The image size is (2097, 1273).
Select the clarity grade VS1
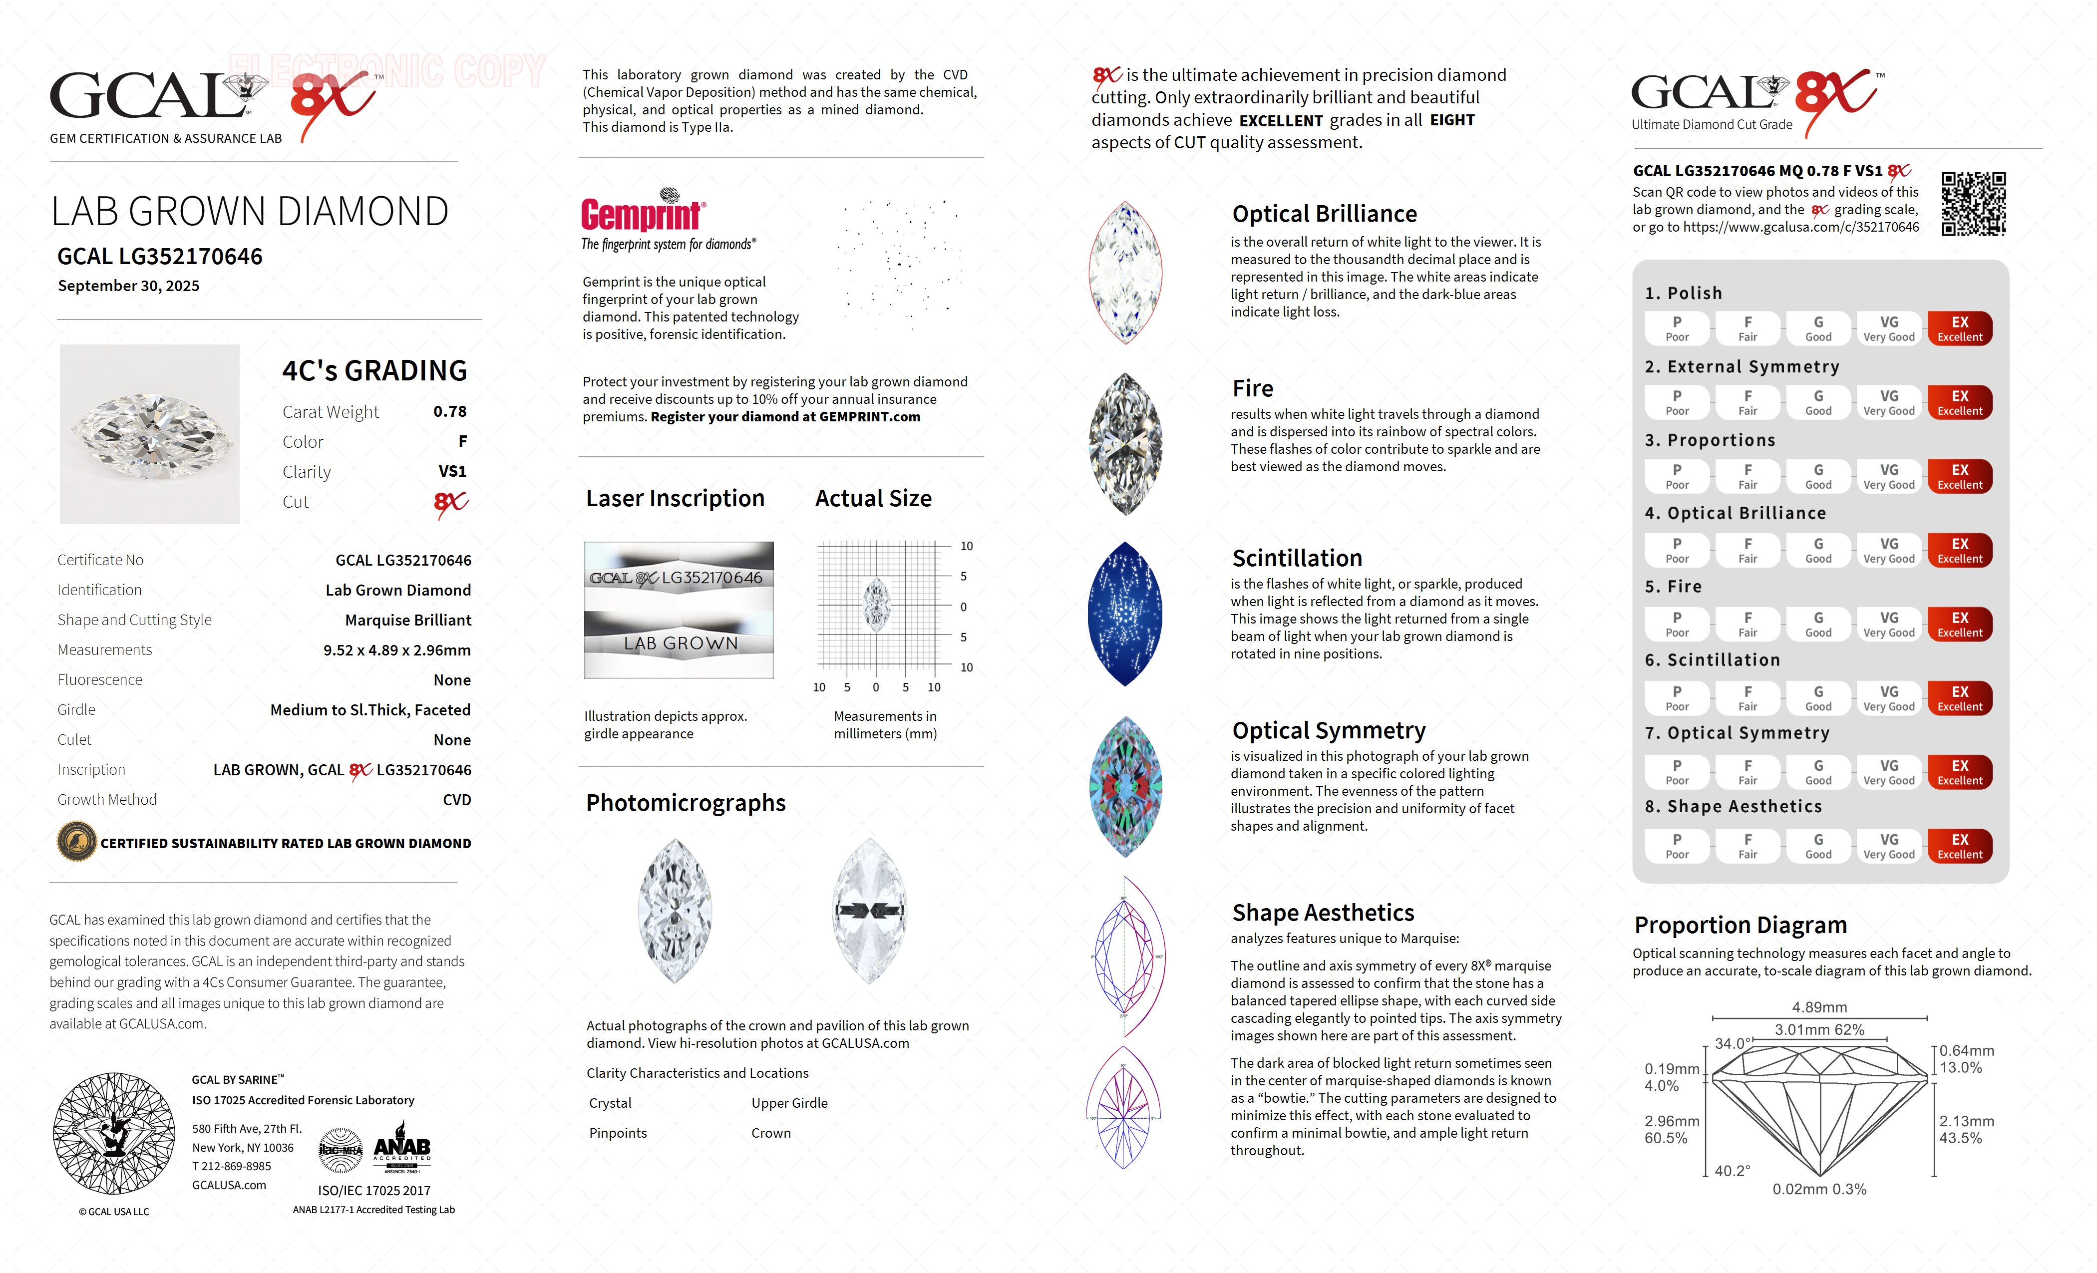coord(452,471)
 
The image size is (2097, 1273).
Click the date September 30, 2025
coord(128,286)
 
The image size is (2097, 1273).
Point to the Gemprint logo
coord(643,213)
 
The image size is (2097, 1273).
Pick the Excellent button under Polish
coord(1959,328)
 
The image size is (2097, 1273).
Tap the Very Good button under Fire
coord(1888,625)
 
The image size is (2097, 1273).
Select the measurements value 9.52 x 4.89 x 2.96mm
coord(396,650)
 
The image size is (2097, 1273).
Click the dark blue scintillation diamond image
coord(1124,614)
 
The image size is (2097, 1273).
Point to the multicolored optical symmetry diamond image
coord(1124,786)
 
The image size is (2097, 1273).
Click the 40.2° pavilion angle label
coord(1732,1171)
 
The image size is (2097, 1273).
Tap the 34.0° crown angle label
coord(1732,1043)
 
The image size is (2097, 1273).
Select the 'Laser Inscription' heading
coord(675,499)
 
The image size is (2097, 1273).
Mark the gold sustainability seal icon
coord(76,843)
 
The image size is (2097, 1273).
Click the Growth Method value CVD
coord(456,800)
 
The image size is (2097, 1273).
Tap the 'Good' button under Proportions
coord(1818,477)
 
